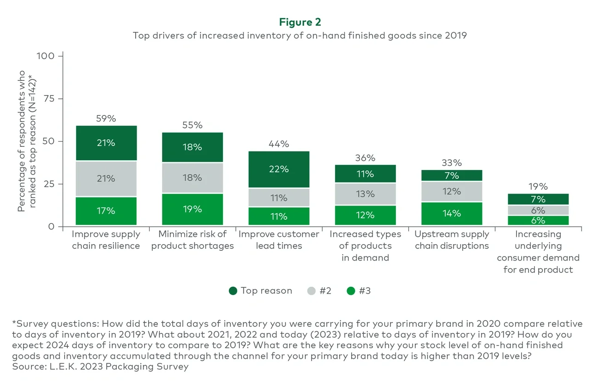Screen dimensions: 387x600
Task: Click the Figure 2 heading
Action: (300, 22)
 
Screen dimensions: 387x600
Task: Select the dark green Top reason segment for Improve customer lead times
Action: (279, 169)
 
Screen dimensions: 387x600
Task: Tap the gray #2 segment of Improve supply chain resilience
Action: (106, 178)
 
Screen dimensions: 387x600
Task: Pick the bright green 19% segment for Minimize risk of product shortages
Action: (192, 209)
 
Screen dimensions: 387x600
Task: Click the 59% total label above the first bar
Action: (106, 119)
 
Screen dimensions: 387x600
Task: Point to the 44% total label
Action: (279, 144)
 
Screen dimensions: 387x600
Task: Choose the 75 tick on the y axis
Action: (48, 98)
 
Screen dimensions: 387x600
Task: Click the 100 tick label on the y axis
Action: (46, 56)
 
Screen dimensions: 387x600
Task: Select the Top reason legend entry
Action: (261, 290)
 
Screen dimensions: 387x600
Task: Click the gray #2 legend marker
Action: (312, 291)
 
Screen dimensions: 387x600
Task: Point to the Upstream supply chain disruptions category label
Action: (451, 240)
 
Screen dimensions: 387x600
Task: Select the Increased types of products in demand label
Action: (365, 246)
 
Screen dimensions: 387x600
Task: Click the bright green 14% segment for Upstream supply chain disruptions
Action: (451, 213)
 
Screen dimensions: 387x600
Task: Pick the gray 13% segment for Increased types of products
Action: (365, 194)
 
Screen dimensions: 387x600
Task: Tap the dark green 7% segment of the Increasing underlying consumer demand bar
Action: (538, 199)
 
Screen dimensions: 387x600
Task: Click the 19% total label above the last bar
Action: (538, 187)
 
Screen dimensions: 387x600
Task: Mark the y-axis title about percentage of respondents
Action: (26, 141)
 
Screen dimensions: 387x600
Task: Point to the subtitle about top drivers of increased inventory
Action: (300, 36)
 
